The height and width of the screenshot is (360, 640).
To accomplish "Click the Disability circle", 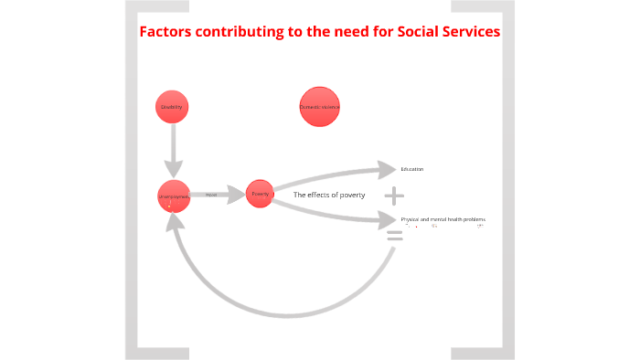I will tap(172, 108).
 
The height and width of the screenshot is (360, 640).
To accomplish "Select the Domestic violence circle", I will tap(319, 107).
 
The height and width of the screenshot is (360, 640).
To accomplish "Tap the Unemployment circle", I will tap(173, 196).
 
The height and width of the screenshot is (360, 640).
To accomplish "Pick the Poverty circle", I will tap(260, 194).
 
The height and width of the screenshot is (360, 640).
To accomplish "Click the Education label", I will tap(411, 169).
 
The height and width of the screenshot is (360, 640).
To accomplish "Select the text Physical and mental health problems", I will tap(443, 219).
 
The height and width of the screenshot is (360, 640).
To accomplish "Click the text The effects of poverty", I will tap(329, 195).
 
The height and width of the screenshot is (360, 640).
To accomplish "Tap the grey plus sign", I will tap(394, 196).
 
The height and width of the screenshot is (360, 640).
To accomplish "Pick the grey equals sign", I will tap(394, 236).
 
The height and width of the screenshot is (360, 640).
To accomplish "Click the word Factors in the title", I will tap(167, 33).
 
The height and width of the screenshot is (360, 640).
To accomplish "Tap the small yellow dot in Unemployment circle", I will tap(170, 206).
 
